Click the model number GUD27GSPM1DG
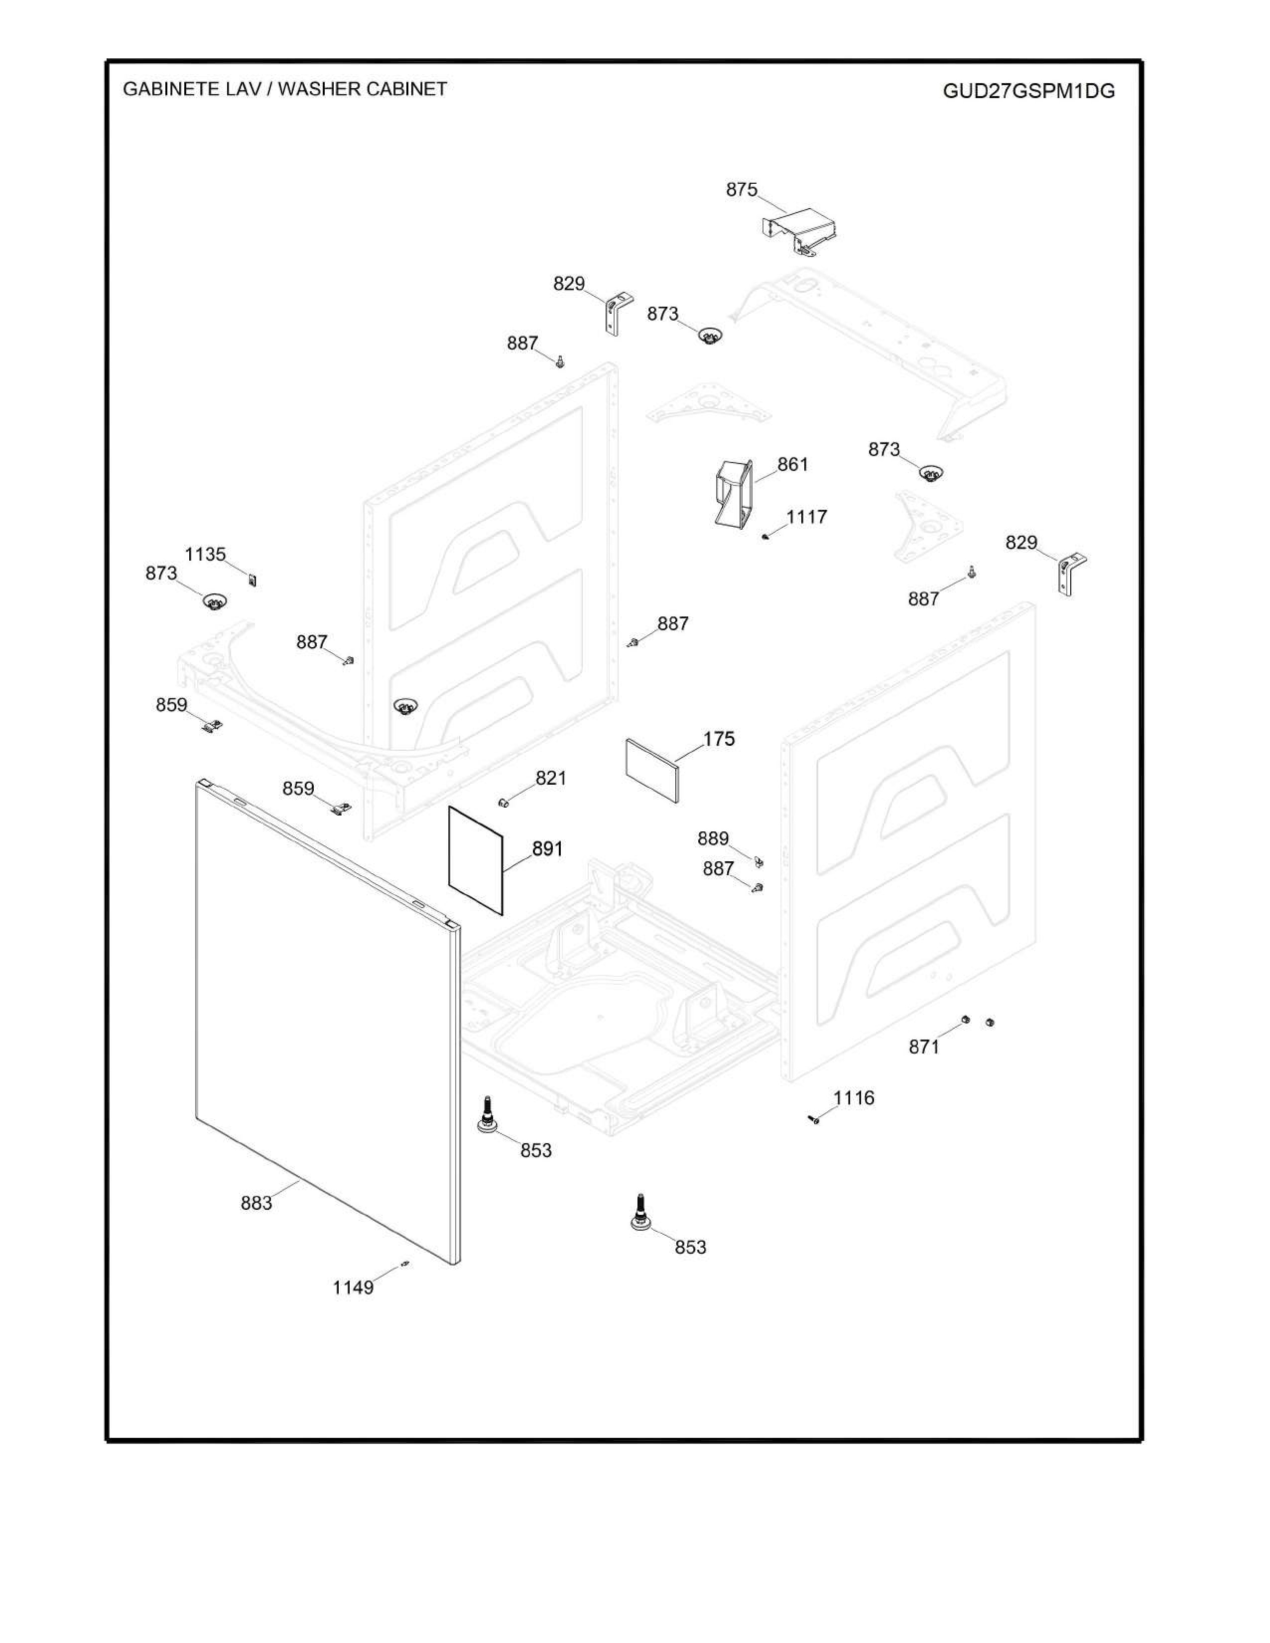click(1028, 91)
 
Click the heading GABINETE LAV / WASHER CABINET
click(284, 89)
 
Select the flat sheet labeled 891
click(476, 861)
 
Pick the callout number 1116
click(854, 1098)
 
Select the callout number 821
click(551, 778)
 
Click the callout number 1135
click(205, 555)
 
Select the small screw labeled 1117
click(765, 536)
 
